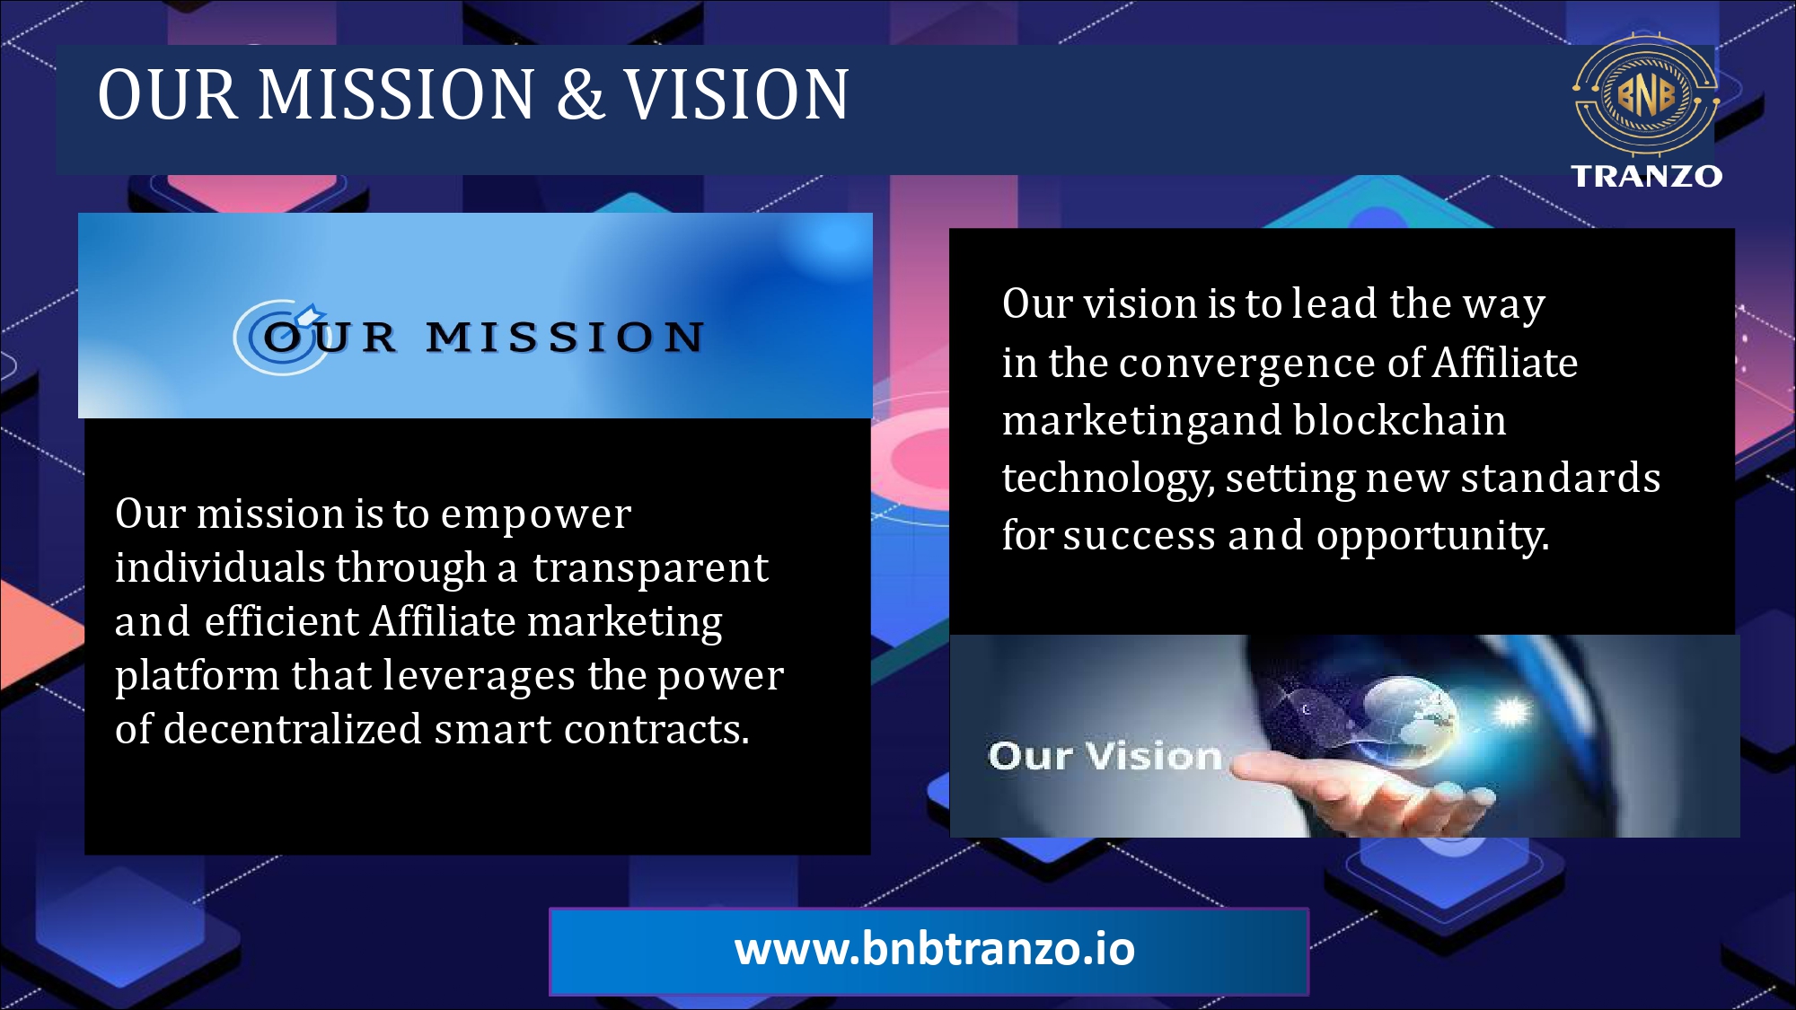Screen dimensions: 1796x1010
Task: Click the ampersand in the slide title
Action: click(x=580, y=94)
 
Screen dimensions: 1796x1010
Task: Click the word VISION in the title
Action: click(x=736, y=94)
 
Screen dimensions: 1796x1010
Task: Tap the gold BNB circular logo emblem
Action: click(x=1645, y=94)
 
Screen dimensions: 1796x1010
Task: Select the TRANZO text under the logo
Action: click(x=1646, y=176)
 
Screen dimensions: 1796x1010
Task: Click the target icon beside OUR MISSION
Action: click(x=280, y=337)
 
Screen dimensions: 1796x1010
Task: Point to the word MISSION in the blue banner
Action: click(x=565, y=338)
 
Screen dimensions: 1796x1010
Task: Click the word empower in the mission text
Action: click(x=536, y=515)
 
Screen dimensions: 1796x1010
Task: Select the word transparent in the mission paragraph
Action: click(x=650, y=568)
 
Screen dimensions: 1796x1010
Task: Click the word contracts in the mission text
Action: click(x=656, y=729)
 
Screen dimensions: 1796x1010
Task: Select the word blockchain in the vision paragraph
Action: click(x=1400, y=420)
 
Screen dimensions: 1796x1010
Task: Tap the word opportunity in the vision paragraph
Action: click(x=1432, y=536)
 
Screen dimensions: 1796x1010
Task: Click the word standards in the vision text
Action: click(x=1561, y=478)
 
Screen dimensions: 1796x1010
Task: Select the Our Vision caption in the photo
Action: click(x=1105, y=756)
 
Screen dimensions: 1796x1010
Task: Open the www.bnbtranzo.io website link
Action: click(x=934, y=950)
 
